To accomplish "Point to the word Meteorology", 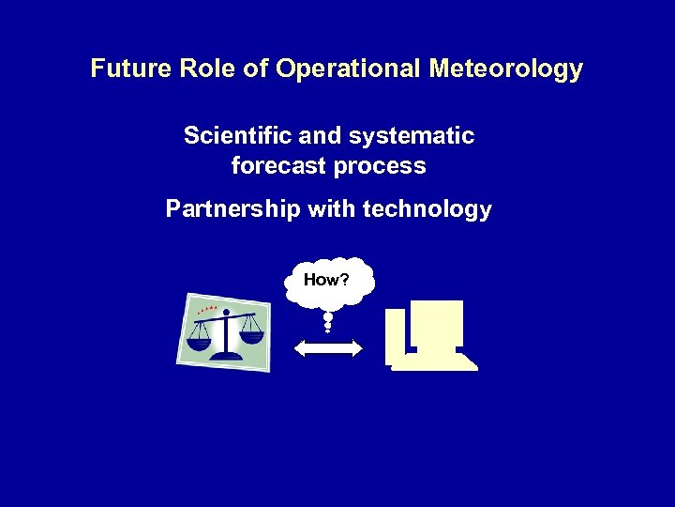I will (506, 69).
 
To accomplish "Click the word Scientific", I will (237, 136).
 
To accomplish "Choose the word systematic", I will (412, 136).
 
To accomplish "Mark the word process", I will (385, 167).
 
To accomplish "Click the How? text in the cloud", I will (326, 279).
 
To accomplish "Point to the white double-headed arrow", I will (328, 348).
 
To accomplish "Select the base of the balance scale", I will (226, 354).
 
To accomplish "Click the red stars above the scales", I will (208, 309).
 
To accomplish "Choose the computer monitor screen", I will (437, 323).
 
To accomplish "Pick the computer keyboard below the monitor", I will (434, 361).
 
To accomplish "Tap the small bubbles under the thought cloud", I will (327, 322).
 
